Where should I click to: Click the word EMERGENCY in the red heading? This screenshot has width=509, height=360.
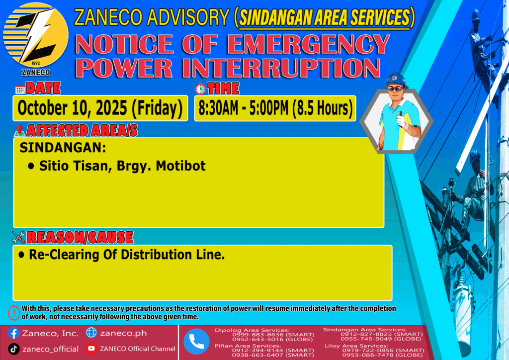click(x=308, y=44)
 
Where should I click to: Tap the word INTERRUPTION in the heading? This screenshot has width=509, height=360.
click(x=281, y=68)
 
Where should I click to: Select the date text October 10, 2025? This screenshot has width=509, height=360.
click(x=73, y=108)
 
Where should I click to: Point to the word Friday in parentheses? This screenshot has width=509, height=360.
click(x=157, y=108)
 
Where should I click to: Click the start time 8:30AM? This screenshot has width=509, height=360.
click(x=218, y=108)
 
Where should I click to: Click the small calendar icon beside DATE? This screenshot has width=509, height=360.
click(x=20, y=89)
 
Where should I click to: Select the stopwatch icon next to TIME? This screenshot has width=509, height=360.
click(x=200, y=89)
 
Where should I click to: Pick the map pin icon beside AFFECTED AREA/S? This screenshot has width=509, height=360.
click(x=19, y=130)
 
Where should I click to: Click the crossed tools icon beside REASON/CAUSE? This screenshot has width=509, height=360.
click(x=18, y=237)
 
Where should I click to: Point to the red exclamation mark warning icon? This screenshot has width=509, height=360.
click(x=14, y=313)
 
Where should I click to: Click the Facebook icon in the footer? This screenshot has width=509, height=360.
click(x=13, y=333)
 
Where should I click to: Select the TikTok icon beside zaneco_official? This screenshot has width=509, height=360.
click(x=13, y=349)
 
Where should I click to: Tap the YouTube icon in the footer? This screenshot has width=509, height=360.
click(x=91, y=348)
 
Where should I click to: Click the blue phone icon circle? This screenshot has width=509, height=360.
click(x=196, y=342)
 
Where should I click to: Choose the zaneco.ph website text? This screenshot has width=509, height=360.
click(x=123, y=333)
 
